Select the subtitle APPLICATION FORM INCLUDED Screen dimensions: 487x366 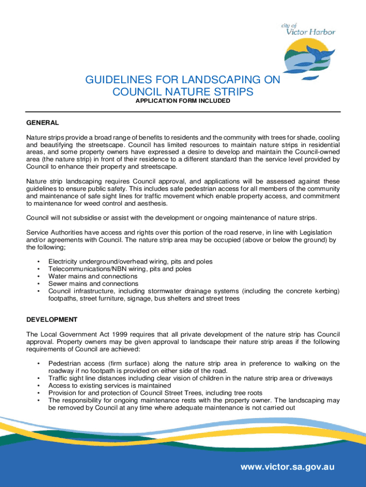click(183, 101)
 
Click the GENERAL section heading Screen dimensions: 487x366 click(42, 122)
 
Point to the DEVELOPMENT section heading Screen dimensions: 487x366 click(52, 319)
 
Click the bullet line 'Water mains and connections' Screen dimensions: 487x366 click(93, 276)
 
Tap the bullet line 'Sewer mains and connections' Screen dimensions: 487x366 click(93, 283)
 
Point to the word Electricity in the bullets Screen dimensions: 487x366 click(64, 262)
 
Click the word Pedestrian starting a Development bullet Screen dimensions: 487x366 click(65, 363)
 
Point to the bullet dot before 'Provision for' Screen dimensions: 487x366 click(38, 392)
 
